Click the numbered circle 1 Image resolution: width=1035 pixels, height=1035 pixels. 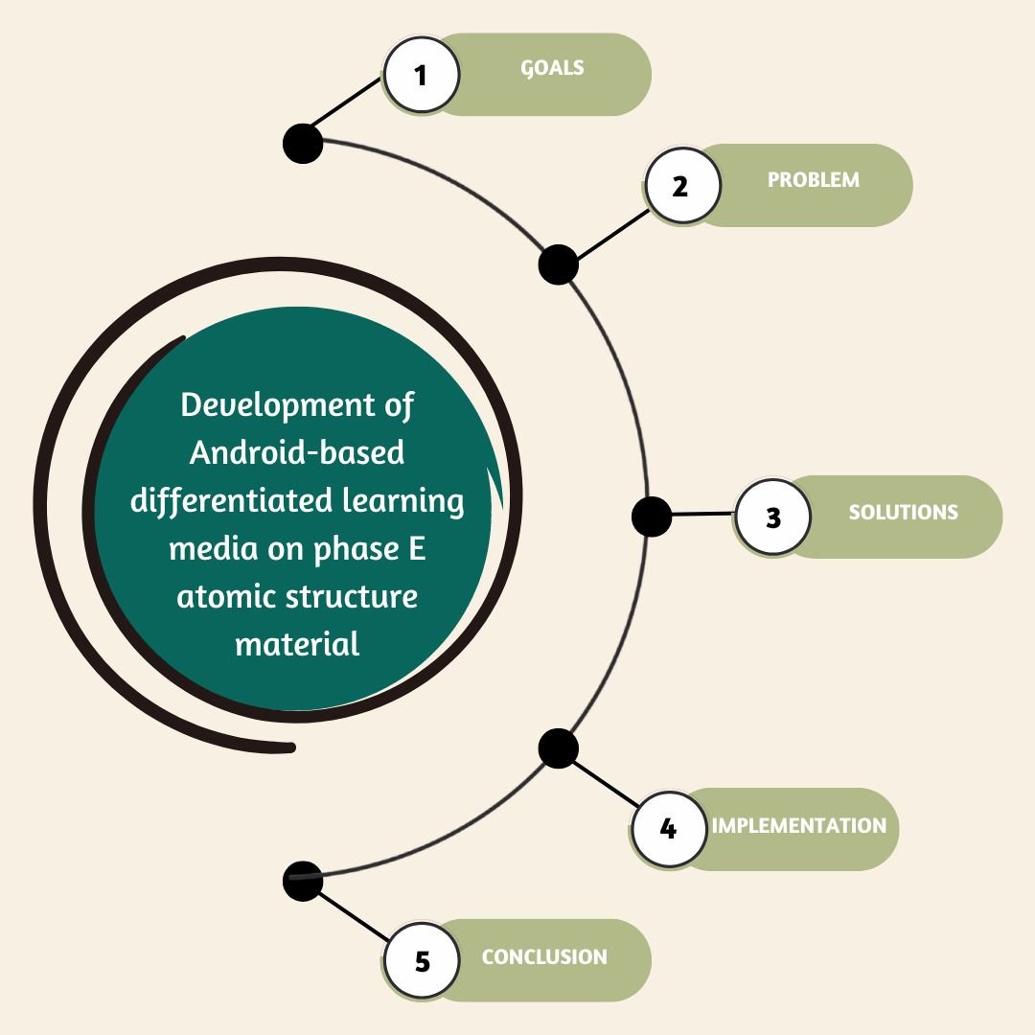(421, 75)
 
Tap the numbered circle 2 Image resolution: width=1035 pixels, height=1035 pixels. (681, 185)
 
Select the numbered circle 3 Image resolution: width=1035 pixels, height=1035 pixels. (773, 517)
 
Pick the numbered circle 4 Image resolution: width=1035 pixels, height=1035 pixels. (669, 828)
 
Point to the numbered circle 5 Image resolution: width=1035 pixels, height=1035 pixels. (423, 960)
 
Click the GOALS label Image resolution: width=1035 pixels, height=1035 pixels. (552, 68)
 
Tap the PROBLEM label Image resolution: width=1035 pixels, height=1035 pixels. (814, 179)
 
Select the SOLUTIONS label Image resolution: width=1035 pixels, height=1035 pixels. (903, 512)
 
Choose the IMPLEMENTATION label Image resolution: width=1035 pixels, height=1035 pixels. (799, 825)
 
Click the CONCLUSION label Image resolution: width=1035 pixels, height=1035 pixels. (544, 956)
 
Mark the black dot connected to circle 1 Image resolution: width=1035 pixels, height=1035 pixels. (304, 144)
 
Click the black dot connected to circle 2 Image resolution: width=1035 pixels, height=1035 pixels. (558, 264)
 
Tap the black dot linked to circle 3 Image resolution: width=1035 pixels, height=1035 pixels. (652, 517)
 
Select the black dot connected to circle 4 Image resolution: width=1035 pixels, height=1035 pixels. (558, 748)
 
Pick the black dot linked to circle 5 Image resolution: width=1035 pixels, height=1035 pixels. (304, 881)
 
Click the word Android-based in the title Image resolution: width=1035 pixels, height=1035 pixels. (297, 452)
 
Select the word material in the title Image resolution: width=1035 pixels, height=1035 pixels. (297, 643)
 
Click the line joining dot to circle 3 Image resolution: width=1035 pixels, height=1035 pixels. (703, 515)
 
